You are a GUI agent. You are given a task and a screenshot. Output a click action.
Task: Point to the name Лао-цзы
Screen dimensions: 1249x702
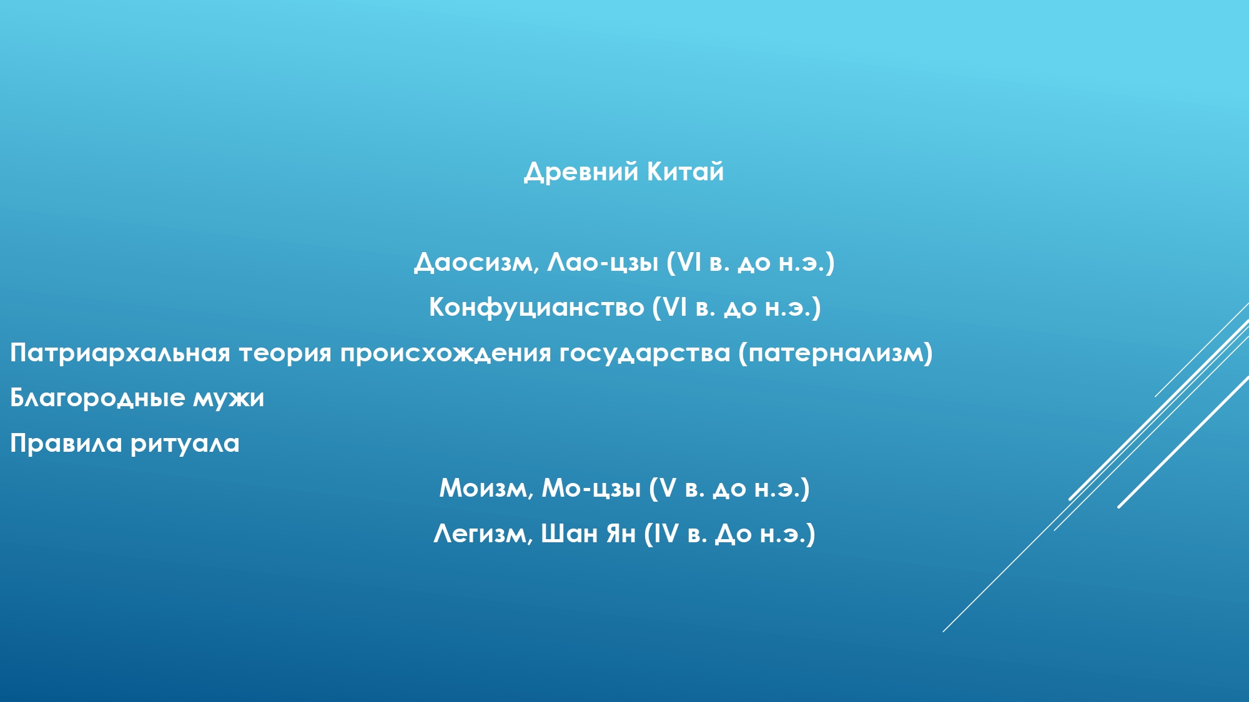[x=603, y=263]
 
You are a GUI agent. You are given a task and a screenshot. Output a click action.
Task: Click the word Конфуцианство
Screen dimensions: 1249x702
[x=536, y=308]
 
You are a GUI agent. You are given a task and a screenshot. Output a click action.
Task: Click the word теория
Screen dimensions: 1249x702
[x=285, y=354]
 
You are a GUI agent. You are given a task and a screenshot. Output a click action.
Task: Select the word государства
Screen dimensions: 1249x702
[x=645, y=354]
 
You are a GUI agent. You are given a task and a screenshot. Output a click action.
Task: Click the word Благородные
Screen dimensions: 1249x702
[x=97, y=398]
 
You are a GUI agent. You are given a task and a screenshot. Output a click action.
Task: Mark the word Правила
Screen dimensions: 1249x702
[x=66, y=444]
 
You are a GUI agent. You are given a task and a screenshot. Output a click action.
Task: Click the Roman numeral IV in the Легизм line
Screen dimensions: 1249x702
[x=665, y=534]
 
